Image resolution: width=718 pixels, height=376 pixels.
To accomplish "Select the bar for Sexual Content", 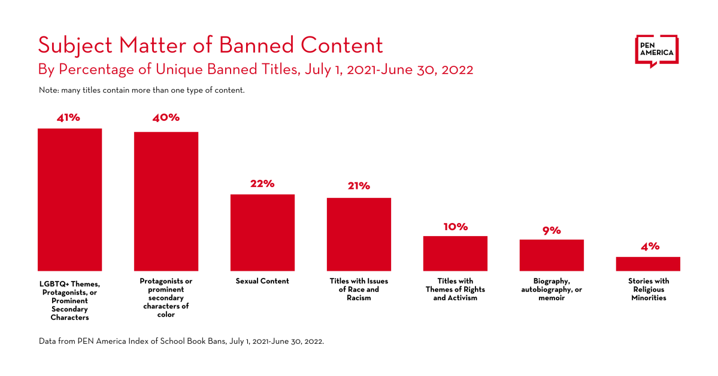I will coord(262,233).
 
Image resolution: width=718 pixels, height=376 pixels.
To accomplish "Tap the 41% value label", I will coord(68,118).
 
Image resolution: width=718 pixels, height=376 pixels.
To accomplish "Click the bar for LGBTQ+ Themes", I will coord(69,200).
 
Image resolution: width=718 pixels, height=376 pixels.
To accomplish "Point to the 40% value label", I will coord(166,118).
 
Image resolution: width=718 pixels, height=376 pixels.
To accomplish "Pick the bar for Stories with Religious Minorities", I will coord(648,264).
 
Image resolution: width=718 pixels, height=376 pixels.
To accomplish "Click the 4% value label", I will coord(649,246).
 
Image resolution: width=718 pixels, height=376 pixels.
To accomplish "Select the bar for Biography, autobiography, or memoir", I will coord(552,255).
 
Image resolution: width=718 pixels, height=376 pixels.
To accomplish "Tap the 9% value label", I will coord(552,230).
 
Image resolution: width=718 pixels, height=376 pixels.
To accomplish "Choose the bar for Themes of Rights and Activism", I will coord(455,253).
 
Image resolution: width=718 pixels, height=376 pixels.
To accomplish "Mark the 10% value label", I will coord(455,227).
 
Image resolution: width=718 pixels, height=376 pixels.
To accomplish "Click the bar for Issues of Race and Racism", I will coord(359,234).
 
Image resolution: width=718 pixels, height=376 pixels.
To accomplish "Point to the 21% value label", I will coord(359,187).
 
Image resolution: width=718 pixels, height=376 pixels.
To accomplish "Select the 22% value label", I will coord(262,184).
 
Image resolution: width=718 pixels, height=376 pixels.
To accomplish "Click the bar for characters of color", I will coord(166,201).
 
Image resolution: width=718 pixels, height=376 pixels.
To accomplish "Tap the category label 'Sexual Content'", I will coord(262,281).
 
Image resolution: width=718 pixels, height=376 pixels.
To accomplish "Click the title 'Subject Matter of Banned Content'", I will coord(210,45).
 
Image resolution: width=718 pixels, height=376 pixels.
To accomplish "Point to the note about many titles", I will coord(141,91).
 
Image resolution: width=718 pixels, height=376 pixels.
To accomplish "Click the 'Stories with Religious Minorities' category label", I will coord(649,289).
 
